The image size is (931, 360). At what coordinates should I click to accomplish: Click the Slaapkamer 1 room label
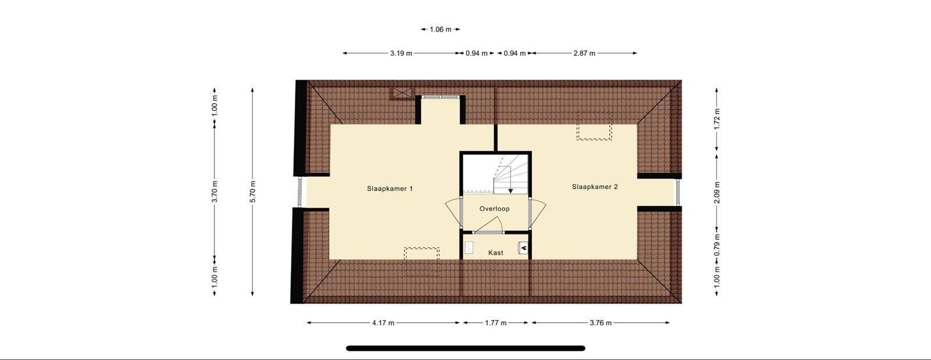pos(390,188)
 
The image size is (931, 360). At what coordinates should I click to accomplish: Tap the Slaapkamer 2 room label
pos(595,187)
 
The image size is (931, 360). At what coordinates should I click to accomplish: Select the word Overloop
pos(494,209)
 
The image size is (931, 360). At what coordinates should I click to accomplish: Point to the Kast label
pos(496,252)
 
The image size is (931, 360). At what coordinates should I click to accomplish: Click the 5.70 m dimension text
pos(253,192)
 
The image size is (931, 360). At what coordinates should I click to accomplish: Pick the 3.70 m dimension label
pos(215,192)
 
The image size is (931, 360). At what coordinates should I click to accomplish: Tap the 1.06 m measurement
pos(440,30)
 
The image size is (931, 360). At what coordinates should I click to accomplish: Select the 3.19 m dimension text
pos(401,53)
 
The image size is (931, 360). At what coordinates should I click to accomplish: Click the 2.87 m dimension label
pos(584,53)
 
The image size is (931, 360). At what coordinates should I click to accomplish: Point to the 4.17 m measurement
pos(383,323)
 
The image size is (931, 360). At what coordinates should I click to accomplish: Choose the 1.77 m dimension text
pos(496,323)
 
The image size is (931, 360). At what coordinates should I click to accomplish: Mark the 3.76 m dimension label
pos(600,323)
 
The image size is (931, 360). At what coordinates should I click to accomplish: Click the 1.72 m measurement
pos(717,119)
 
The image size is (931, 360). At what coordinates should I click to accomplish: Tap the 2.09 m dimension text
pos(717,193)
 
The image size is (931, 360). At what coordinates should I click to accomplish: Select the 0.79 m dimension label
pos(717,245)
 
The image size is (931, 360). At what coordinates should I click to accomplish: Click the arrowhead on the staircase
pos(510,191)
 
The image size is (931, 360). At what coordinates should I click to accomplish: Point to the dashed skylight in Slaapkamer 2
pos(594,126)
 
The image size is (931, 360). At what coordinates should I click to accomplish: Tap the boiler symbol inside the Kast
pos(523,248)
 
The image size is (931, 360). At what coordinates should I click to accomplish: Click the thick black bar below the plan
pos(465,348)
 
